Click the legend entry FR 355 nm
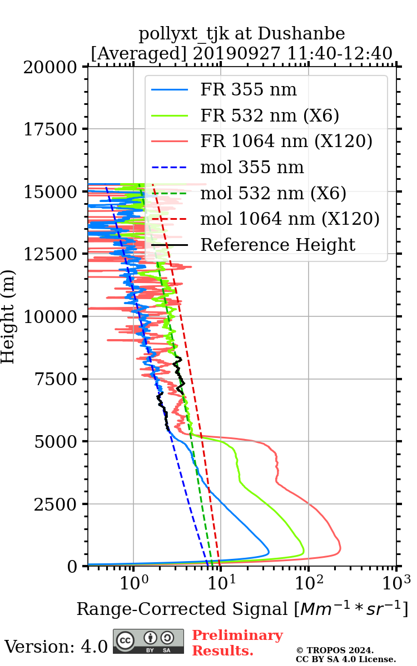(248, 90)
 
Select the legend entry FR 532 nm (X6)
(270, 115)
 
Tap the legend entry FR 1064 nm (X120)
(286, 142)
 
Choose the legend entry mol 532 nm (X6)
(273, 193)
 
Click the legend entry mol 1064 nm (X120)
(290, 219)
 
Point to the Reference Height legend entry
(277, 245)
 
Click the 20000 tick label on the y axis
(52, 67)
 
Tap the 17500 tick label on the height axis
(52, 129)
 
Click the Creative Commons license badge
(148, 641)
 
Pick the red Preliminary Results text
(237, 643)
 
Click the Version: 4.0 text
(56, 647)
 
